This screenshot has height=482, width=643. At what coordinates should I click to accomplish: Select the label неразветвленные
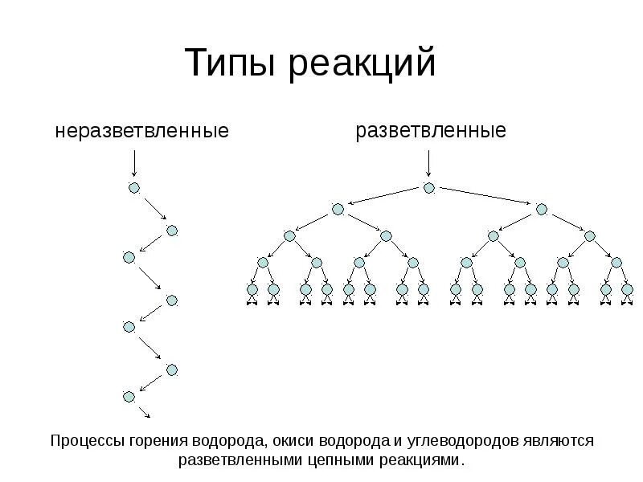pos(142,130)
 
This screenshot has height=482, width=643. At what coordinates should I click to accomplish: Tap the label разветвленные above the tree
pos(432,130)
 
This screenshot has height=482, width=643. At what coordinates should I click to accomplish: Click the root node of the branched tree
pos(429,188)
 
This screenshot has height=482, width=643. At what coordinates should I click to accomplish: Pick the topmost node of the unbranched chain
pos(134,188)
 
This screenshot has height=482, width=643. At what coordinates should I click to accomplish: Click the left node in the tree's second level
pos(338,209)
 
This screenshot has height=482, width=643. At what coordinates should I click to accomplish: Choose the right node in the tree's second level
pos(542,209)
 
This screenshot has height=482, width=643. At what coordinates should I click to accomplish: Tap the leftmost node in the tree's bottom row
pos(252,289)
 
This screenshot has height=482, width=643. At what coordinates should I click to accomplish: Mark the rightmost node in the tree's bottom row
pos(627,289)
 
